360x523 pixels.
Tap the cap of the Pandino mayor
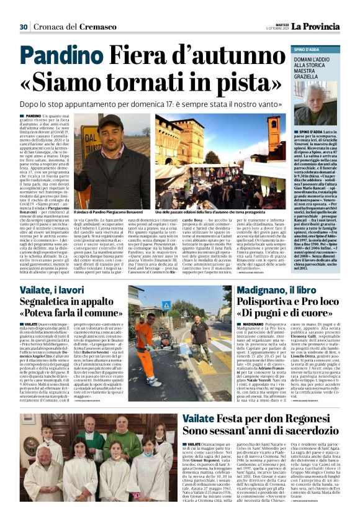pyautogui.click(x=110, y=120)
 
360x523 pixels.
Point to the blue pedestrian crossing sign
pyautogui.click(x=166, y=305)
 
